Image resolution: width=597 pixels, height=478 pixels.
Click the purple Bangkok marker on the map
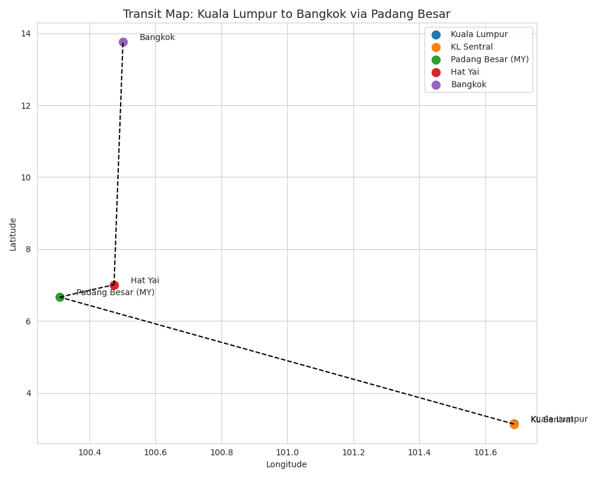click(123, 42)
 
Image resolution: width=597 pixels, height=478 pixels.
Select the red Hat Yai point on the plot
click(114, 285)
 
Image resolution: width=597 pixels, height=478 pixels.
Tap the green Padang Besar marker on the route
click(60, 297)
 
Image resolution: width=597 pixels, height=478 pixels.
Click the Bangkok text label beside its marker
click(157, 38)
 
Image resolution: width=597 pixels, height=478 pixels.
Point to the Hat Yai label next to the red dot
click(145, 281)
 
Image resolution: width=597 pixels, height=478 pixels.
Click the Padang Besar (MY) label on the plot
click(115, 293)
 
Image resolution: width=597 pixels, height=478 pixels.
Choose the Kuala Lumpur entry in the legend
click(479, 35)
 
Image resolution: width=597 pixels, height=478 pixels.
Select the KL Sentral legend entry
click(472, 47)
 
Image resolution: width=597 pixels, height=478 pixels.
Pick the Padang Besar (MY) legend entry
click(490, 60)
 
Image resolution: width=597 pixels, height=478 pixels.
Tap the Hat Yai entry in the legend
click(464, 72)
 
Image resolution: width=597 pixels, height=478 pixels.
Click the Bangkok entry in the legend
click(469, 85)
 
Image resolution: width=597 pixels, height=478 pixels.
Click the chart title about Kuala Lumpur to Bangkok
click(287, 14)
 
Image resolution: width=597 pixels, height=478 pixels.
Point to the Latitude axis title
click(13, 234)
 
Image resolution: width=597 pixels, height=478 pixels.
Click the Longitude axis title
click(287, 465)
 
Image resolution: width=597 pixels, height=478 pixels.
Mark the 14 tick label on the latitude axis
click(27, 33)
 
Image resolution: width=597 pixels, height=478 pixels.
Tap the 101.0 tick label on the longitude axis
click(287, 452)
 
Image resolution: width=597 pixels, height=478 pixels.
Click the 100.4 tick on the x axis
click(90, 452)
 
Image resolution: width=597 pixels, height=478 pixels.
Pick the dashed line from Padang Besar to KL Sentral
click(287, 360)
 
